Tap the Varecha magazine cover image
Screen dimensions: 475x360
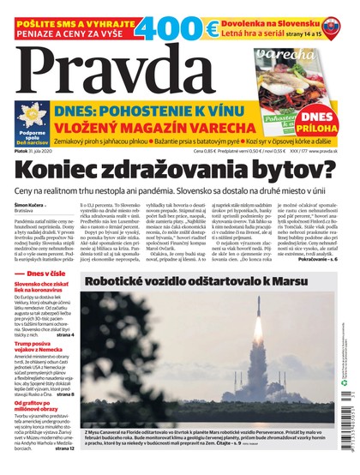pos(296,86)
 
